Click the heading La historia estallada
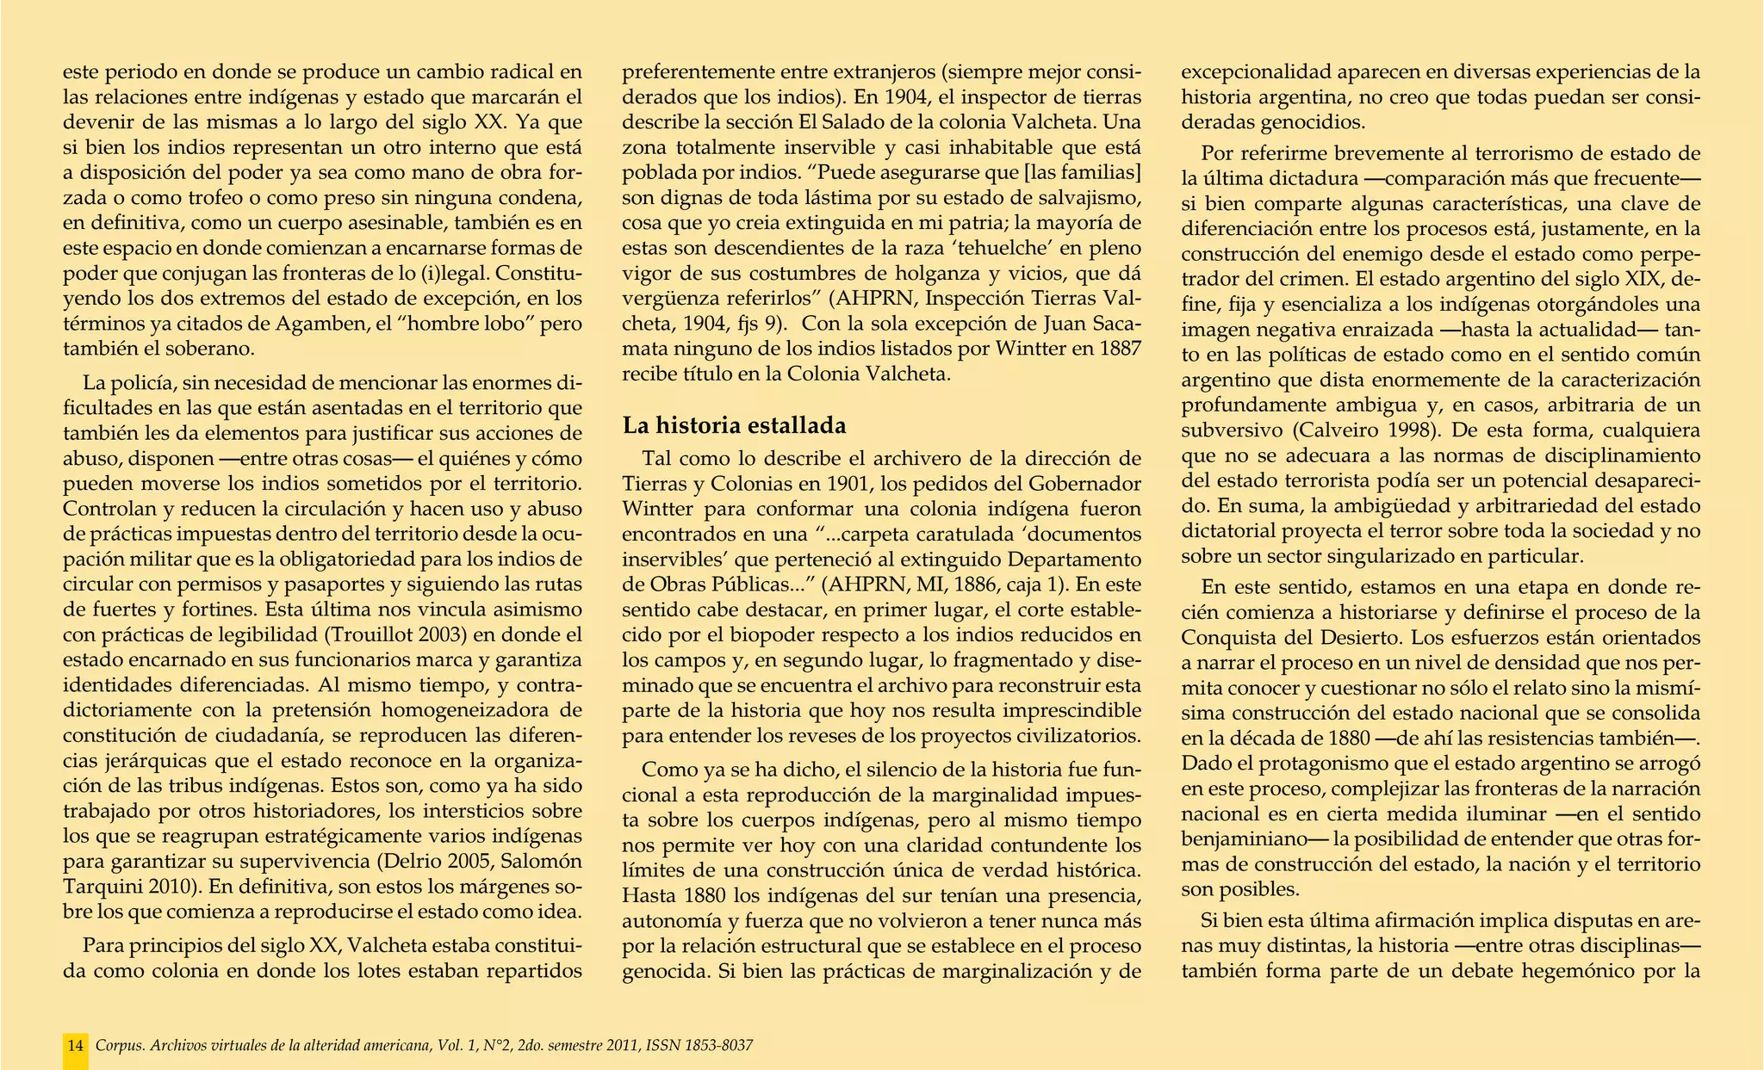pos(735,425)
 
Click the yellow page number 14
pos(76,1046)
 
